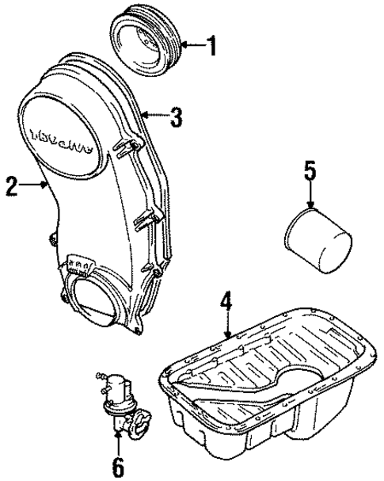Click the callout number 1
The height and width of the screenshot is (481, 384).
point(211,46)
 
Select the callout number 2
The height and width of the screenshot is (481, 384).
point(12,187)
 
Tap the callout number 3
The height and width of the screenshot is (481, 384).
point(176,118)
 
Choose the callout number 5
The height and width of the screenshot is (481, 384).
point(310,169)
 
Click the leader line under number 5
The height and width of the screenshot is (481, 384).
point(310,197)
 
